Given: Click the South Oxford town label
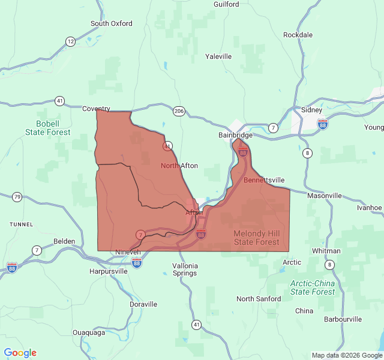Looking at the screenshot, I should [111, 23].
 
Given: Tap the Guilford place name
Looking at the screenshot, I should [226, 4].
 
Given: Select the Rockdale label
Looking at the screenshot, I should [298, 35].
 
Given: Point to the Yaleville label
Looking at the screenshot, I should [218, 56].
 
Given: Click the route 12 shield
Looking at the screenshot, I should [71, 41].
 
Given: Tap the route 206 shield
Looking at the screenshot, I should [179, 111].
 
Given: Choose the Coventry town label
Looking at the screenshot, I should [96, 109].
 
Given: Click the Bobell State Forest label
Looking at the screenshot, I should [49, 128].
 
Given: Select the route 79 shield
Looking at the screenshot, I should [17, 197].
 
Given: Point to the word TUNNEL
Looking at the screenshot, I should [22, 224].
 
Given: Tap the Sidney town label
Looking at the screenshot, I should [311, 110].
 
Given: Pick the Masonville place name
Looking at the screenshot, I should [324, 196].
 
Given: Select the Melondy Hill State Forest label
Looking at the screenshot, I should [256, 238].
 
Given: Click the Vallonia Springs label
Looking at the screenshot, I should [184, 269].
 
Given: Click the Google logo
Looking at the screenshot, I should [20, 353].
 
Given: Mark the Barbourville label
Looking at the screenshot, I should [343, 319].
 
